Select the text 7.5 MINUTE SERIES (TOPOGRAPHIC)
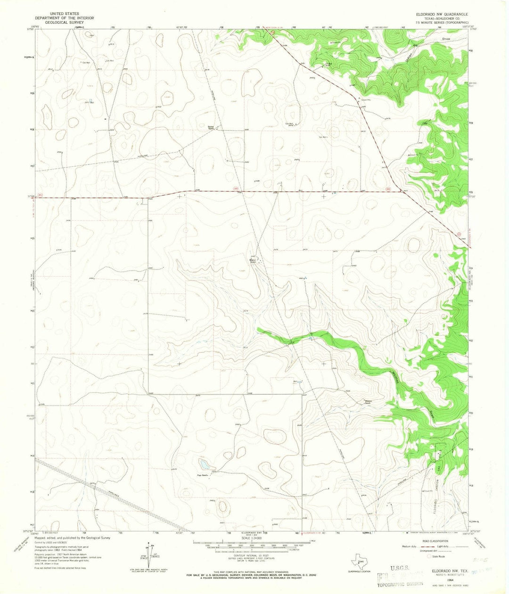coord(441,22)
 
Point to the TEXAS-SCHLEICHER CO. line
coord(441,18)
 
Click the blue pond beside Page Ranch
coord(205,465)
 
